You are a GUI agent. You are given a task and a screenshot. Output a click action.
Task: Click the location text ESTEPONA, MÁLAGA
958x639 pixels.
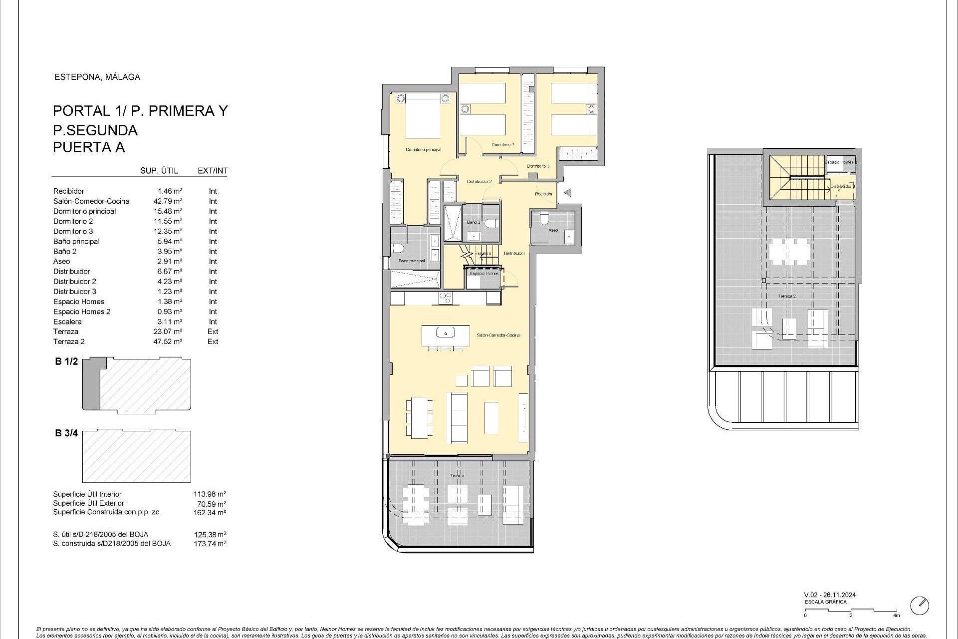point(97,77)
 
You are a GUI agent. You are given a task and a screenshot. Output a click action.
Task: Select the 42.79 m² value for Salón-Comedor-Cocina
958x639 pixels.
point(168,201)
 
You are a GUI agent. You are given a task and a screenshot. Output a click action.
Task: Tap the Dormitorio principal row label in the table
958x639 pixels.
point(84,211)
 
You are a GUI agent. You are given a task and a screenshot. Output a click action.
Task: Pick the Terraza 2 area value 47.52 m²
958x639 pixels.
point(168,341)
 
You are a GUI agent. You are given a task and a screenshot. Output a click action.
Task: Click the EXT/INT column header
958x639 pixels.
point(213,171)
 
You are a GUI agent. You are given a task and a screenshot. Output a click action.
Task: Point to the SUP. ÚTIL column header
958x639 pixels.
point(159,171)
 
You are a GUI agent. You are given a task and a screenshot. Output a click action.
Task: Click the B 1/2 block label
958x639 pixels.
point(66,361)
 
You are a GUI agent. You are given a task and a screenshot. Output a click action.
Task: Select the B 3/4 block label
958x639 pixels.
point(66,433)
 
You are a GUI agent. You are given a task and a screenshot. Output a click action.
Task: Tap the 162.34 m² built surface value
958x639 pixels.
point(210,512)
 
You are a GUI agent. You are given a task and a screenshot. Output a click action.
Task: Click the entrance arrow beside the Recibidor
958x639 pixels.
point(567,193)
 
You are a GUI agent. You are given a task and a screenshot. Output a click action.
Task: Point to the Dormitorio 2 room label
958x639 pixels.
point(502,145)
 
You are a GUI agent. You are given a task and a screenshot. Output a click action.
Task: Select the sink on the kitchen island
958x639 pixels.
point(444,332)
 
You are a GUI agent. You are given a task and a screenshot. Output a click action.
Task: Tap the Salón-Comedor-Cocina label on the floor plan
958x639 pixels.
point(498,335)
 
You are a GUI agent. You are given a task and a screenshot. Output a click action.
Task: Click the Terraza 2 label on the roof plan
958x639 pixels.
point(787,296)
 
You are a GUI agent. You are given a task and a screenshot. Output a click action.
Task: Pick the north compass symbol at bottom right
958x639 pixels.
point(920,606)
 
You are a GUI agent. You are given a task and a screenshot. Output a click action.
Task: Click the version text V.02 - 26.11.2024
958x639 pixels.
point(830,595)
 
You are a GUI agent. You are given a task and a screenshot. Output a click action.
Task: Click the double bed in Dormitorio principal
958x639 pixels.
point(423,116)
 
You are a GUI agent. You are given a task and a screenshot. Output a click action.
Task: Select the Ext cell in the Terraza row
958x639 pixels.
point(213,331)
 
